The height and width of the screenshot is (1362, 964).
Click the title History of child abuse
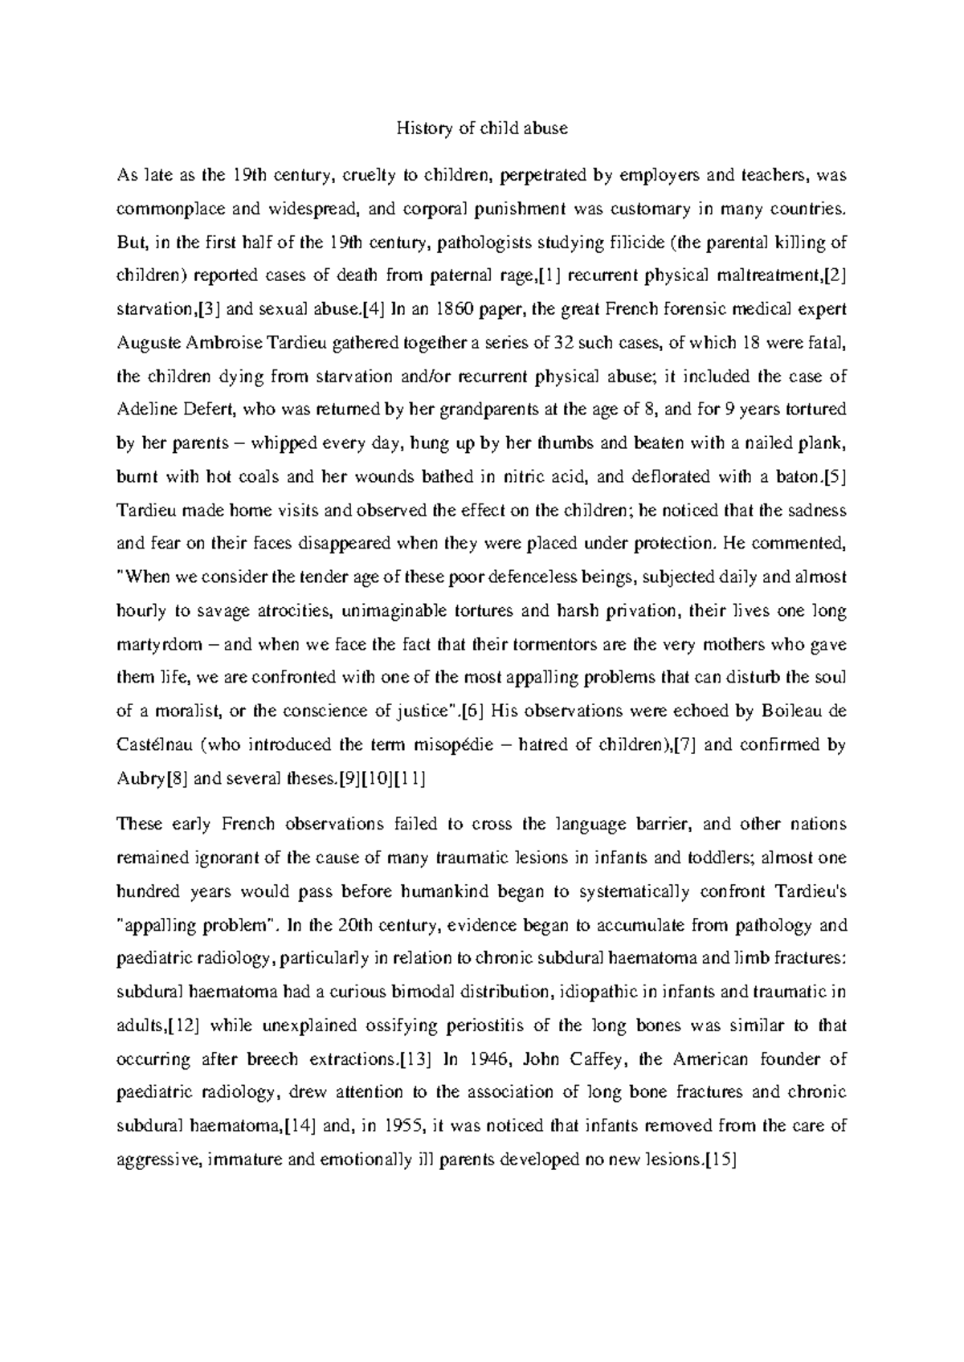click(x=482, y=128)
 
